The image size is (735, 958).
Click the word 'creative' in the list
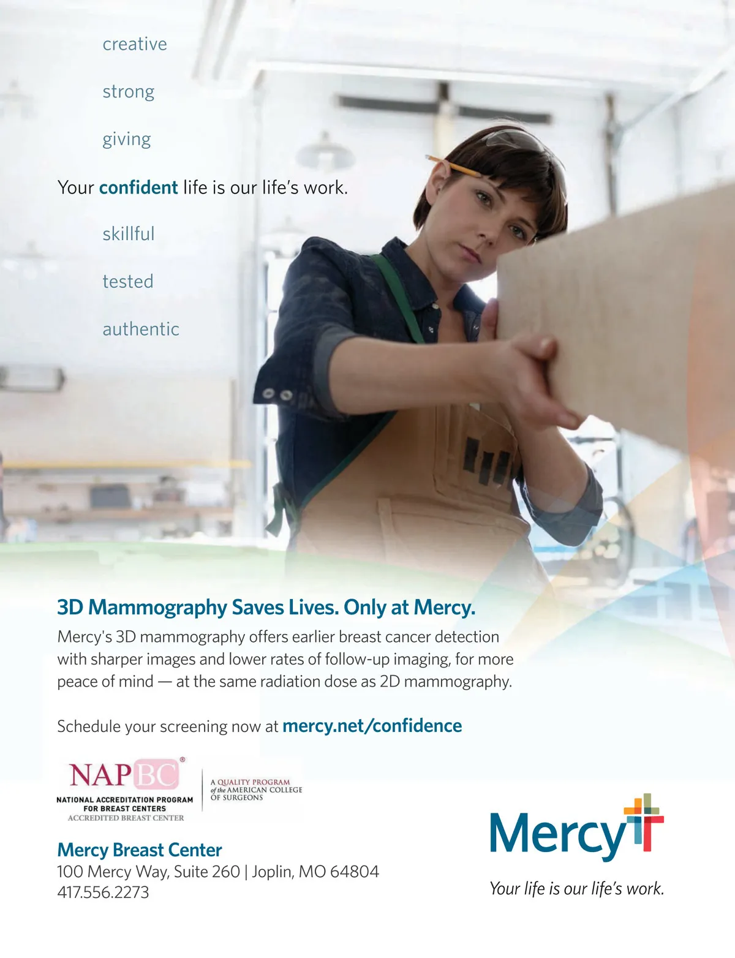(x=135, y=44)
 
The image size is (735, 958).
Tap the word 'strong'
(x=129, y=92)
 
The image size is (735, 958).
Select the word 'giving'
(x=127, y=140)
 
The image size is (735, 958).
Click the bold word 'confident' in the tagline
(x=138, y=187)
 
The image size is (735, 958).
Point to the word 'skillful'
(x=129, y=234)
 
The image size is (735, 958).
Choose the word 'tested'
(x=128, y=282)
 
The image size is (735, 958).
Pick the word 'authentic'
(x=141, y=330)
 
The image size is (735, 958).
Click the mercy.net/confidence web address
(x=372, y=726)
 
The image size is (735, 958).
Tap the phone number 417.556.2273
(x=103, y=892)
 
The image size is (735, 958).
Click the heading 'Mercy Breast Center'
(x=139, y=850)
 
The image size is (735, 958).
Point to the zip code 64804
(x=355, y=872)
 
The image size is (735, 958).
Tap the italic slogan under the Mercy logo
(x=576, y=889)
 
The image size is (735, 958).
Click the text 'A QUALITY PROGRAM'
(x=250, y=782)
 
